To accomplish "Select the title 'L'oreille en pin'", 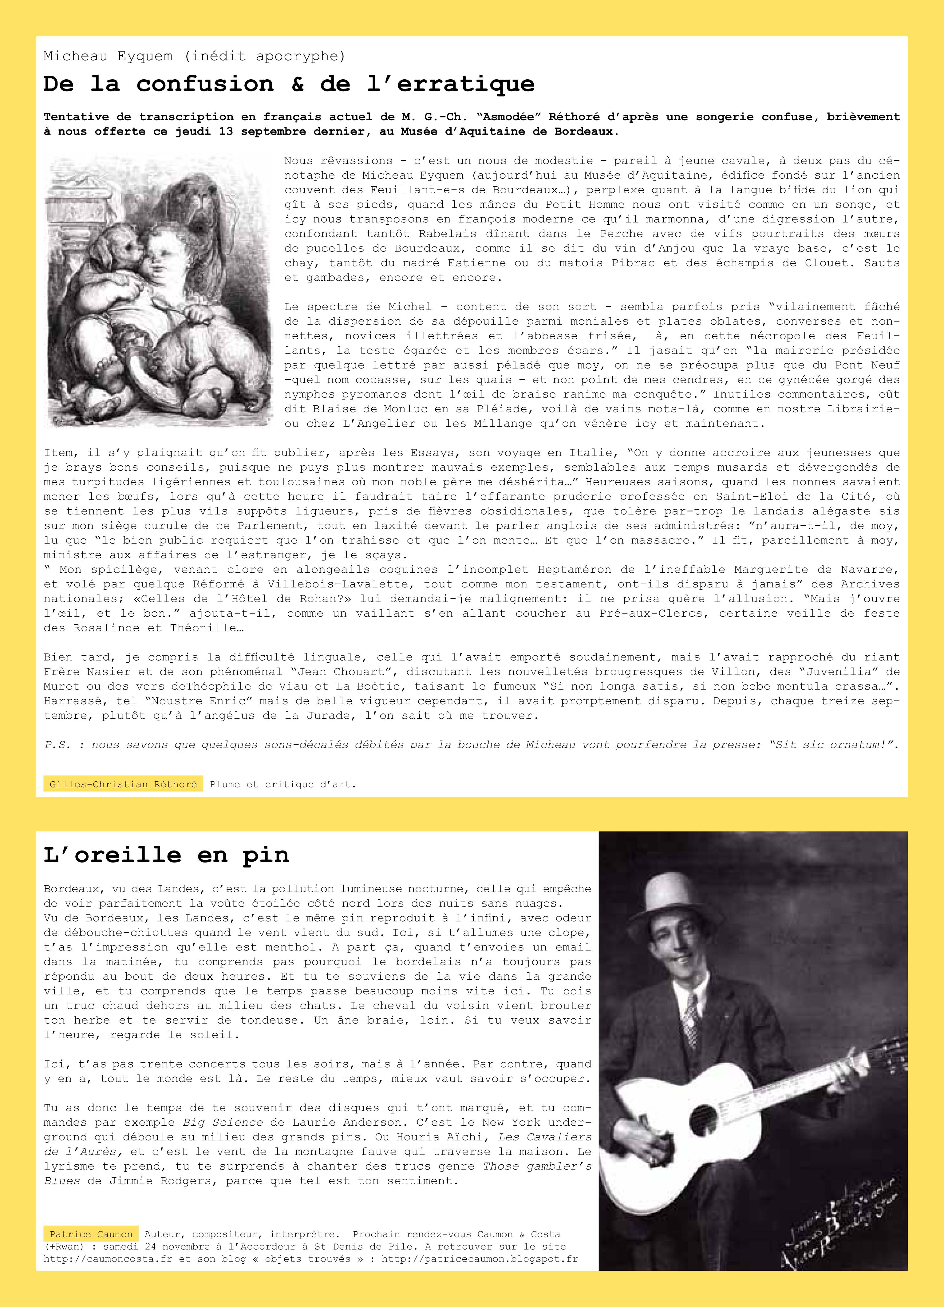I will (166, 855).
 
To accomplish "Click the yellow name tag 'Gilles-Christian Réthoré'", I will (123, 784).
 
